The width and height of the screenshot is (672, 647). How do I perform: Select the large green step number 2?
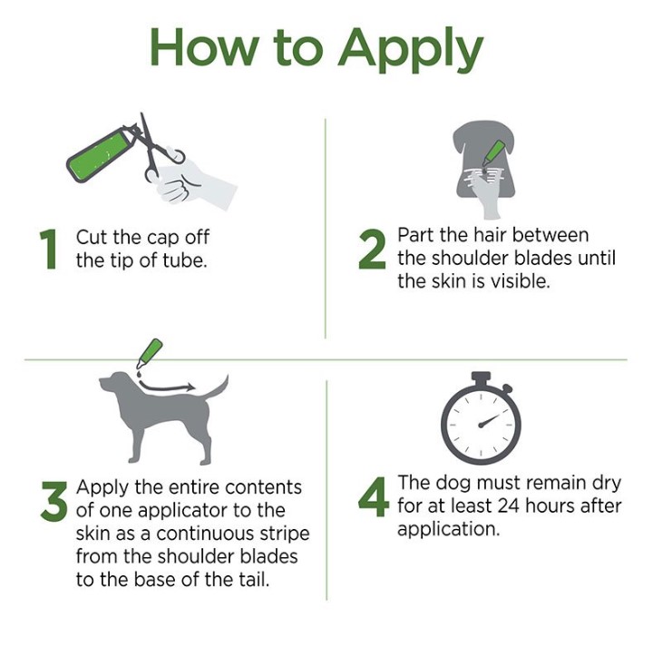pos(372,250)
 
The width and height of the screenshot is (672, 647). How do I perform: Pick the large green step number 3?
pos(54,501)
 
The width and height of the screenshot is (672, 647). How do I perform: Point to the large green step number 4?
pos(374,496)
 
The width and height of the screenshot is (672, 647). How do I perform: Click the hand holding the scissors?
pos(194,182)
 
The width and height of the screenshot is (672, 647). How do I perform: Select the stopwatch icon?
pos(481,418)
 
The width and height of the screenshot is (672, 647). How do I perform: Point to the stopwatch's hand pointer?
pos(489,420)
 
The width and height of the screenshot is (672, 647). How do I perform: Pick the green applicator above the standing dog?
pos(149,353)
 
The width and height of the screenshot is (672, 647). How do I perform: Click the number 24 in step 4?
pos(508,506)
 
